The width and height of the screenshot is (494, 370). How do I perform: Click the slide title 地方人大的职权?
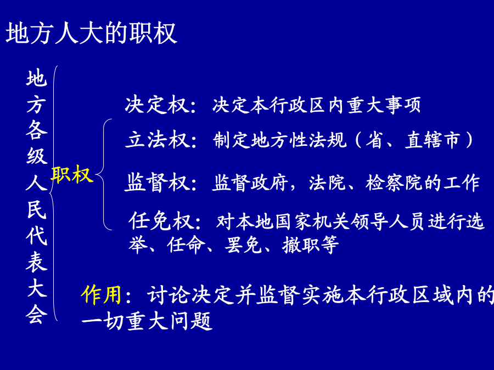(91, 33)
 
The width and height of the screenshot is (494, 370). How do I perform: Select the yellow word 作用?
(102, 295)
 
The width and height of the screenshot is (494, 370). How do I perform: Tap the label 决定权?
(157, 105)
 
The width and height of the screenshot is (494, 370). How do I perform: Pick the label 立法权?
(158, 139)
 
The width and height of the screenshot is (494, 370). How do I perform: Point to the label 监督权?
(158, 182)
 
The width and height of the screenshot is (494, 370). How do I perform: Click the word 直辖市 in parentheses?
(433, 140)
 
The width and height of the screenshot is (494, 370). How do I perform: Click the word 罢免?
(243, 245)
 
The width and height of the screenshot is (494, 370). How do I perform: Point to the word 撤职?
(301, 245)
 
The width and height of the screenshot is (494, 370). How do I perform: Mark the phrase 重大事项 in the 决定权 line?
(384, 105)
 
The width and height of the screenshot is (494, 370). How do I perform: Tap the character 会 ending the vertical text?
(37, 314)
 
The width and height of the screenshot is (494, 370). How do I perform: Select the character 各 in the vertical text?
(37, 129)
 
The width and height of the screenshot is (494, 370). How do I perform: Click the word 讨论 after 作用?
(169, 295)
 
